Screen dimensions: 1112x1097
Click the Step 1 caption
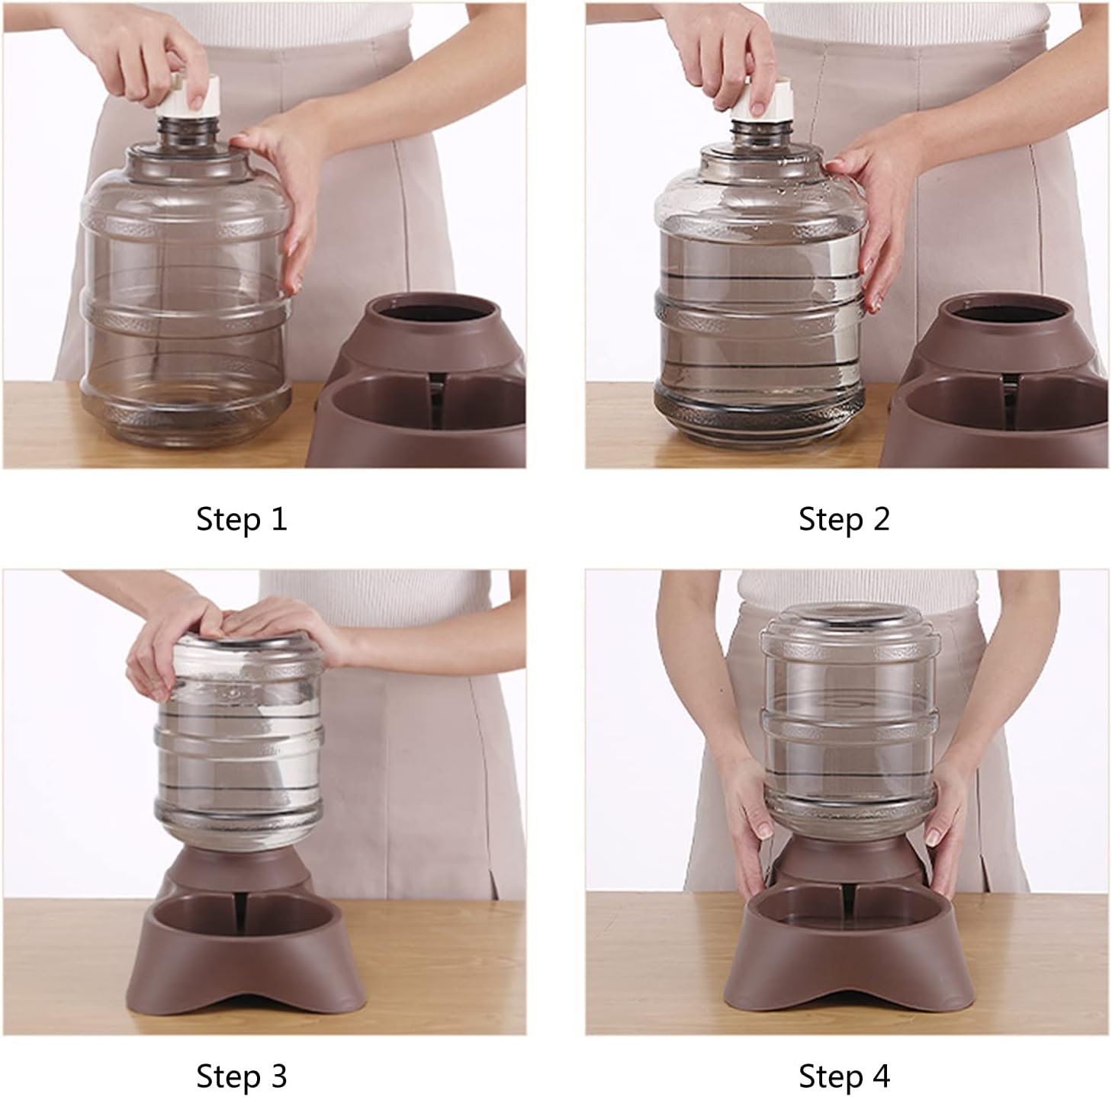241,519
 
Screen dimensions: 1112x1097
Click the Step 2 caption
844,519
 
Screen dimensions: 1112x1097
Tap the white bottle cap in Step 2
763,103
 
